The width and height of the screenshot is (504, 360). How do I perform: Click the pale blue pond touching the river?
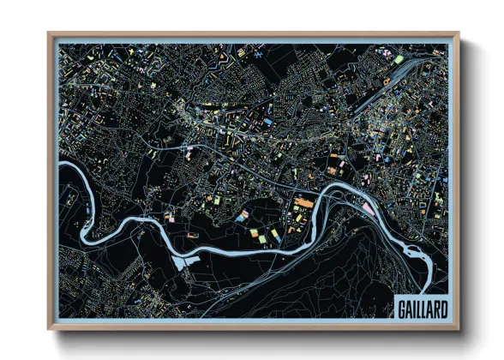point(179,261)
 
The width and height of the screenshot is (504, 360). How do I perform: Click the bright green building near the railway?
point(399,59)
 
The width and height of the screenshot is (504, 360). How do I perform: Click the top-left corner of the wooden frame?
point(50,34)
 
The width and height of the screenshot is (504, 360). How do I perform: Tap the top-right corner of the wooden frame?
point(458,34)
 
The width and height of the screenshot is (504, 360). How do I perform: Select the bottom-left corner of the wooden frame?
point(50,328)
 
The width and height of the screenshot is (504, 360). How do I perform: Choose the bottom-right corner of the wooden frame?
point(458,328)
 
